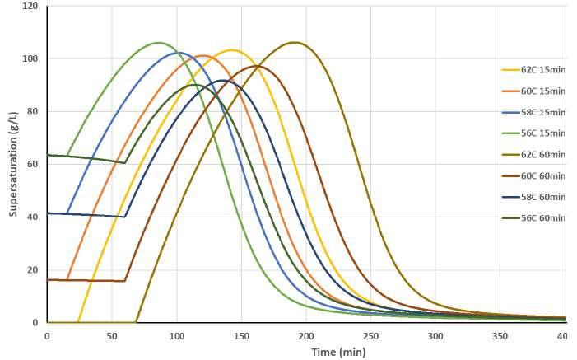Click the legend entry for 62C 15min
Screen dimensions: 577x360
tap(534, 70)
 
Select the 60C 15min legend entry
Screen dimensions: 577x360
tap(534, 91)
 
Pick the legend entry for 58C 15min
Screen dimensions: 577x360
tap(534, 112)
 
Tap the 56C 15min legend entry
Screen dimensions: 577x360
tap(534, 133)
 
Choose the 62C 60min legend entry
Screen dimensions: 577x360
tap(534, 155)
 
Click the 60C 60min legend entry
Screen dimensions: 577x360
tap(534, 176)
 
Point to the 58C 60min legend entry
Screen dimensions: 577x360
tap(534, 197)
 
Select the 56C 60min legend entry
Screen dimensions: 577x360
tap(534, 218)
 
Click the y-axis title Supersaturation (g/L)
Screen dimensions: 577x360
tap(13, 164)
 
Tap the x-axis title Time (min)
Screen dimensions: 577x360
tap(338, 353)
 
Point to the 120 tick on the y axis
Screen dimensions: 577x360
tap(30, 7)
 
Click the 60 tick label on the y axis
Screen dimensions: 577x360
tap(33, 164)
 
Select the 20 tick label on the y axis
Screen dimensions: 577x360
tap(33, 269)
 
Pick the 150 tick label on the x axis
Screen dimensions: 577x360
tap(241, 336)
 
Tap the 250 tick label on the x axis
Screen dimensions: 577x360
tap(370, 336)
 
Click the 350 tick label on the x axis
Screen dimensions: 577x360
tap(500, 336)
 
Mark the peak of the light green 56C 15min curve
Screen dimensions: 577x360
tap(159, 43)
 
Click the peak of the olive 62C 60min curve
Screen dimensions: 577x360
tap(295, 42)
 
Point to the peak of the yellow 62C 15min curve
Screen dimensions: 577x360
tap(232, 50)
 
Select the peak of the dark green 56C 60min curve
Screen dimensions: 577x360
tap(194, 85)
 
